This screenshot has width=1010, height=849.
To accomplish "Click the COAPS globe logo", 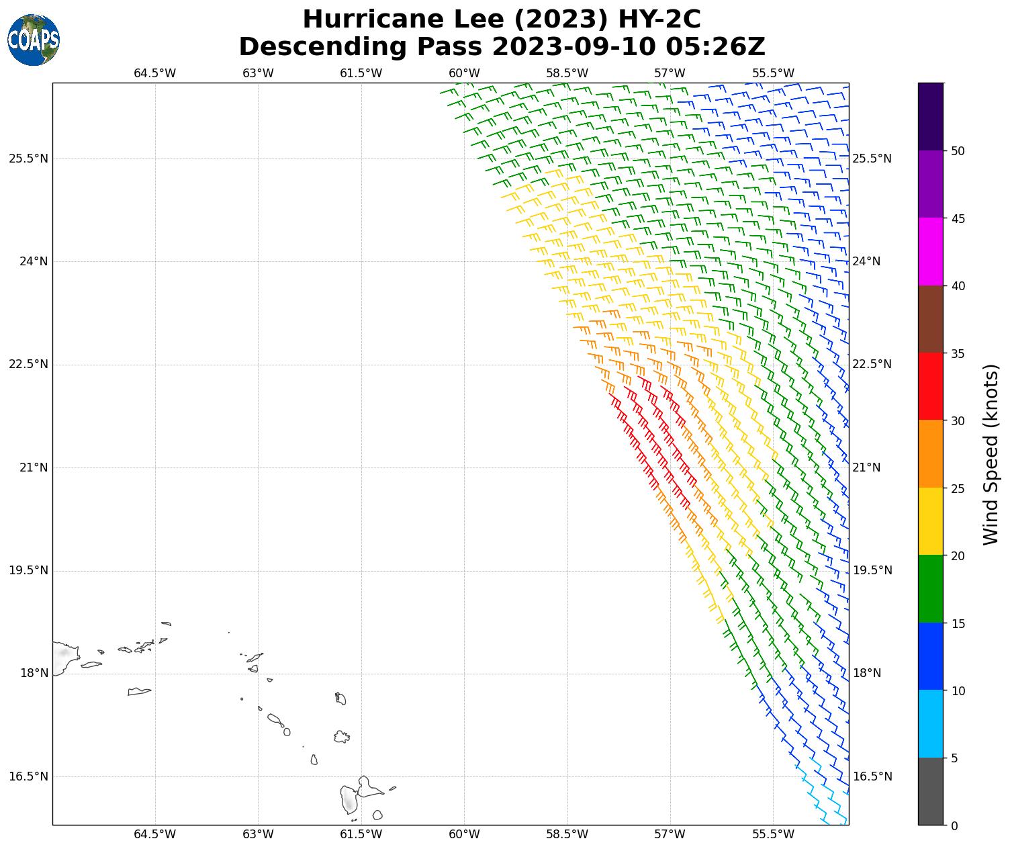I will click(x=34, y=40).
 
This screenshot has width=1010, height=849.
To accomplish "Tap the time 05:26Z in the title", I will click(x=715, y=47).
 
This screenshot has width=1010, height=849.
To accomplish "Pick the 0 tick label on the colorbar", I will click(x=954, y=825).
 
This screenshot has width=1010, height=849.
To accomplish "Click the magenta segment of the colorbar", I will click(x=931, y=251).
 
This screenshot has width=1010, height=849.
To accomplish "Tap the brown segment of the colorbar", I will click(x=931, y=319).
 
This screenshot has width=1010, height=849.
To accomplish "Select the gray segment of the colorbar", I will click(x=931, y=791).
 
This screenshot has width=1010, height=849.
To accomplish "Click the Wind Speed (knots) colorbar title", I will click(x=991, y=454).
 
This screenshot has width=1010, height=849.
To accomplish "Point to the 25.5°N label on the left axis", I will click(x=28, y=159).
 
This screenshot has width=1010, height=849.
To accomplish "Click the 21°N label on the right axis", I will click(x=866, y=467).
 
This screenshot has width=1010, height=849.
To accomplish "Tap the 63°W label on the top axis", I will click(x=258, y=73).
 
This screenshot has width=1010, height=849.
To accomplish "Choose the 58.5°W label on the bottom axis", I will click(x=567, y=835).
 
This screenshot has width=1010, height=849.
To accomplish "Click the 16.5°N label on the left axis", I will click(x=28, y=776).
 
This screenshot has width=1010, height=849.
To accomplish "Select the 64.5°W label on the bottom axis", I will click(x=155, y=835).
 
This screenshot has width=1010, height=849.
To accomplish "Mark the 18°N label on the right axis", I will click(x=866, y=673).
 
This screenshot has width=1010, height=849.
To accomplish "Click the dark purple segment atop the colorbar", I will click(x=931, y=116).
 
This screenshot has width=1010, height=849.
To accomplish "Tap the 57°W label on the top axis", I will click(x=670, y=73).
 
